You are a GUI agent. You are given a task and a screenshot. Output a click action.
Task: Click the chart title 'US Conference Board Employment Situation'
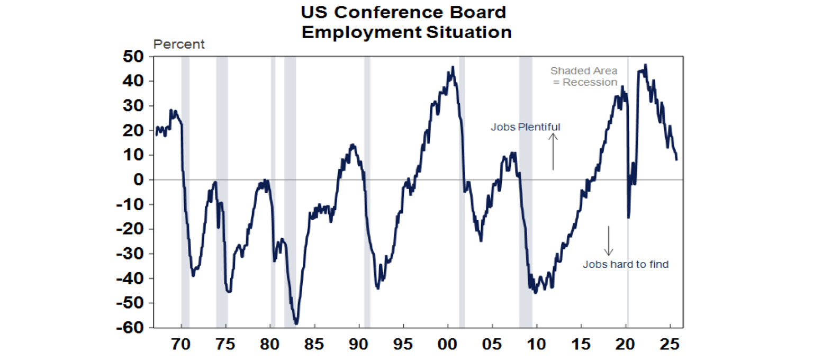(406, 22)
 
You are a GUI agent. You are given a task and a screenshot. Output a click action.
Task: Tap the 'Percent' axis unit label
(179, 44)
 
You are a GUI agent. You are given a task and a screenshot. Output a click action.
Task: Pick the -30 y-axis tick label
(132, 254)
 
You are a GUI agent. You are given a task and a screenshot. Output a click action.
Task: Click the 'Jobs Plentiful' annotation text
(525, 127)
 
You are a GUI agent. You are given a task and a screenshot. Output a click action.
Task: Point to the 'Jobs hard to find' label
(626, 264)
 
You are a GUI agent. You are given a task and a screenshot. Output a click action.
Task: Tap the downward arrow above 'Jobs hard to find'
(609, 241)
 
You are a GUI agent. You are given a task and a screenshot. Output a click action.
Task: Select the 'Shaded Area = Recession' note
(584, 76)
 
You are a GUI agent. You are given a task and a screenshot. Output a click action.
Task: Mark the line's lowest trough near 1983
(296, 323)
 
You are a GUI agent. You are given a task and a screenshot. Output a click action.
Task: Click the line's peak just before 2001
(453, 67)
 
